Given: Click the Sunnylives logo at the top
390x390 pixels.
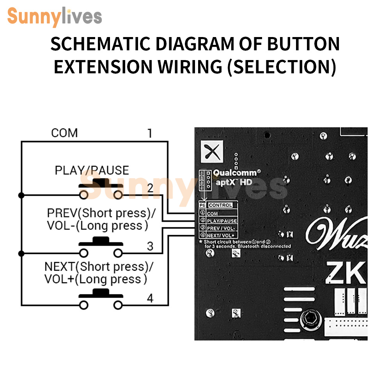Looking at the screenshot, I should pos(55,16).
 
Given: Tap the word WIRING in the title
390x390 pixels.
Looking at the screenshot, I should pos(189,67).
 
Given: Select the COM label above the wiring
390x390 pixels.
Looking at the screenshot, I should pos(64,133).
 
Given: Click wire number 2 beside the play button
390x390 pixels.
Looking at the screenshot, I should pos(150,188).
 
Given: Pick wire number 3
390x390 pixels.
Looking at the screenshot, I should pos(150,246).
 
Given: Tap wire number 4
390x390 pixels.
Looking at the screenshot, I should pos(150,299).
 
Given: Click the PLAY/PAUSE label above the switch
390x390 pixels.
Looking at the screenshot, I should pos(92,170).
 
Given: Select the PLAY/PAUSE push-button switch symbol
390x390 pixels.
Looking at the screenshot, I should pos(101,189).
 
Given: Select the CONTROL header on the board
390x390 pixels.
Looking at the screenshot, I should pos(220,205).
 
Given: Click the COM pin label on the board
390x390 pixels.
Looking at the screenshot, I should pos(213,214).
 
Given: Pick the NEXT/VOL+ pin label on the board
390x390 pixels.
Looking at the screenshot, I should pos(221,235).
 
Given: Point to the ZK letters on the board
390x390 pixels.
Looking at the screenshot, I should pos(346,273).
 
